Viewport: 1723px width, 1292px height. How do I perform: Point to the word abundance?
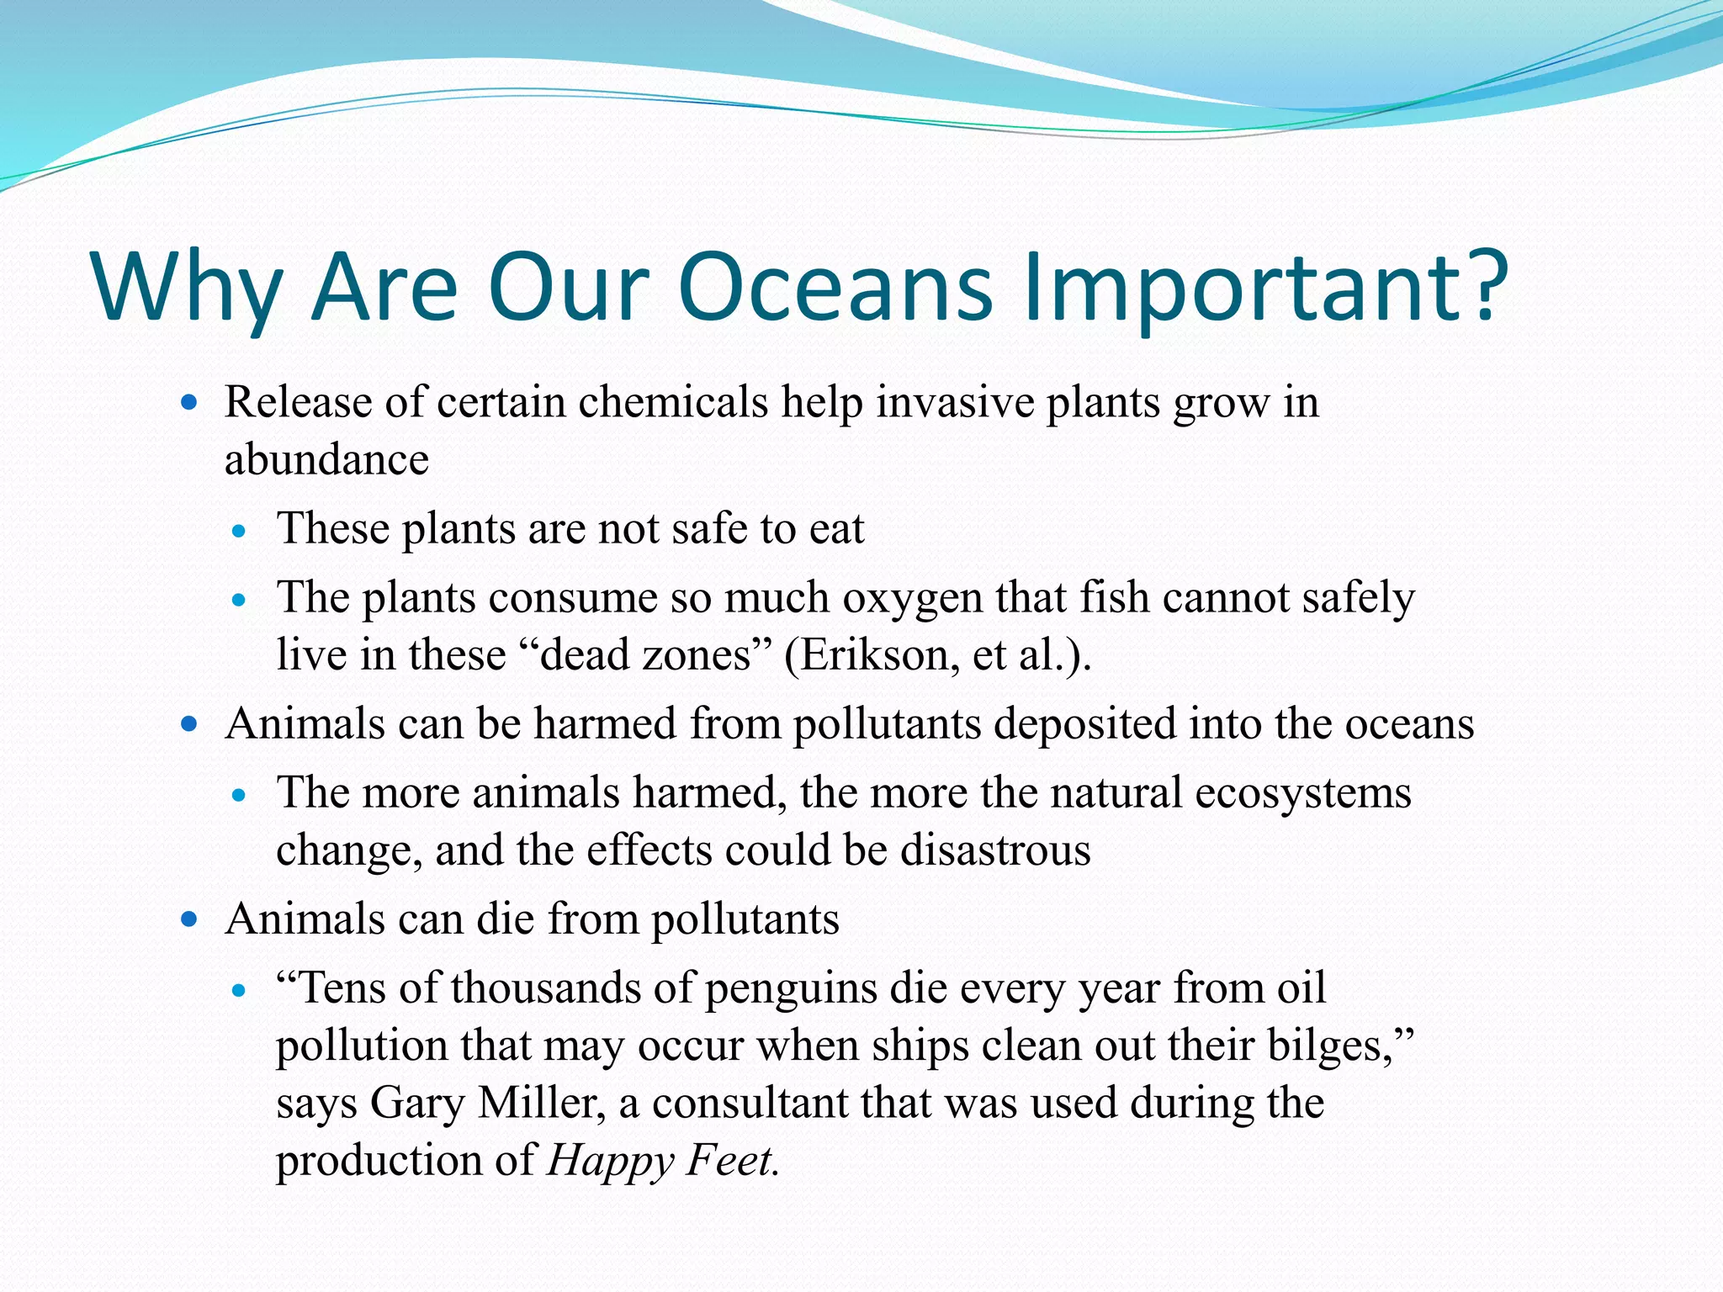[x=326, y=460]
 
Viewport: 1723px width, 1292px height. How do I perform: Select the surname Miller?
[x=541, y=1103]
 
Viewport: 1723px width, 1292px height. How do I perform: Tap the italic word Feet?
[x=730, y=1161]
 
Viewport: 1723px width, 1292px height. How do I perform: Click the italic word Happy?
[x=611, y=1162]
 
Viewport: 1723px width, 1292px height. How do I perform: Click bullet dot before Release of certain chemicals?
[x=189, y=403]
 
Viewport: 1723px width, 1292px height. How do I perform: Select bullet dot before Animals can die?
[x=189, y=919]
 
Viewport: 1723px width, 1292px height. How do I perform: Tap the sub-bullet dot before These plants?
[x=240, y=532]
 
